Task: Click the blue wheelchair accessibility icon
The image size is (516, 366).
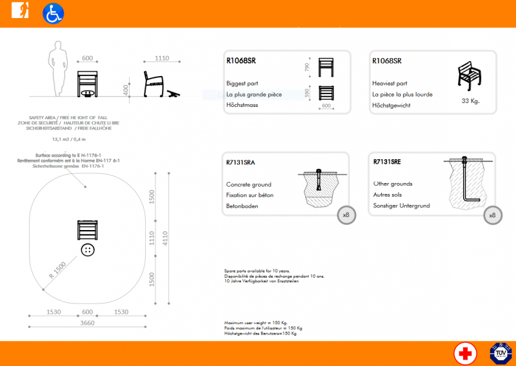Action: tap(53, 14)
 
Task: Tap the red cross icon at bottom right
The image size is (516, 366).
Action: tap(464, 353)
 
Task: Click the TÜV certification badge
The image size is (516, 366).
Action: tap(499, 353)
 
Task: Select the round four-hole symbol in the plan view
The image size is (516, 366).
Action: tap(87, 249)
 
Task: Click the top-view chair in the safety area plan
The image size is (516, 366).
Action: tap(87, 229)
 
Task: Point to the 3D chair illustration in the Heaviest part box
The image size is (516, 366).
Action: tap(471, 76)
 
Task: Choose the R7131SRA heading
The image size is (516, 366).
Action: tap(241, 162)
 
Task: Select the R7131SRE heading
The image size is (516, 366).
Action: tap(387, 162)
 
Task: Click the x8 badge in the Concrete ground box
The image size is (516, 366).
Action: tap(346, 215)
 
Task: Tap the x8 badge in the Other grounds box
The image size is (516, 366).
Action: tap(493, 215)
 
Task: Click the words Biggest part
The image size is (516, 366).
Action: tap(243, 84)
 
